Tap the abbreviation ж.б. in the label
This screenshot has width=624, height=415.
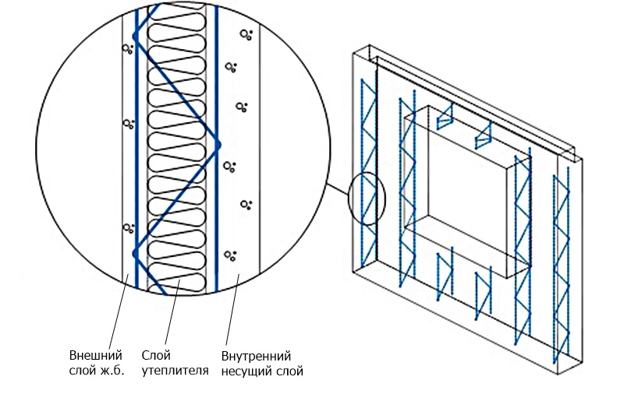point(112,371)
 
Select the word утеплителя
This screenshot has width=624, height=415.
point(175,371)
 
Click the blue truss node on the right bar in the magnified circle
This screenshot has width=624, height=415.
point(218,144)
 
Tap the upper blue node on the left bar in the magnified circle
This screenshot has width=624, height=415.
point(136,35)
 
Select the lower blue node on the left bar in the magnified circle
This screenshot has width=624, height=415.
point(136,253)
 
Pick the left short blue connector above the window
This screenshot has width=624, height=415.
point(445,117)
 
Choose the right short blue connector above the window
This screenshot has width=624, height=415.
point(483,135)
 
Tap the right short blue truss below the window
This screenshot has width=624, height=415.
point(484,292)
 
